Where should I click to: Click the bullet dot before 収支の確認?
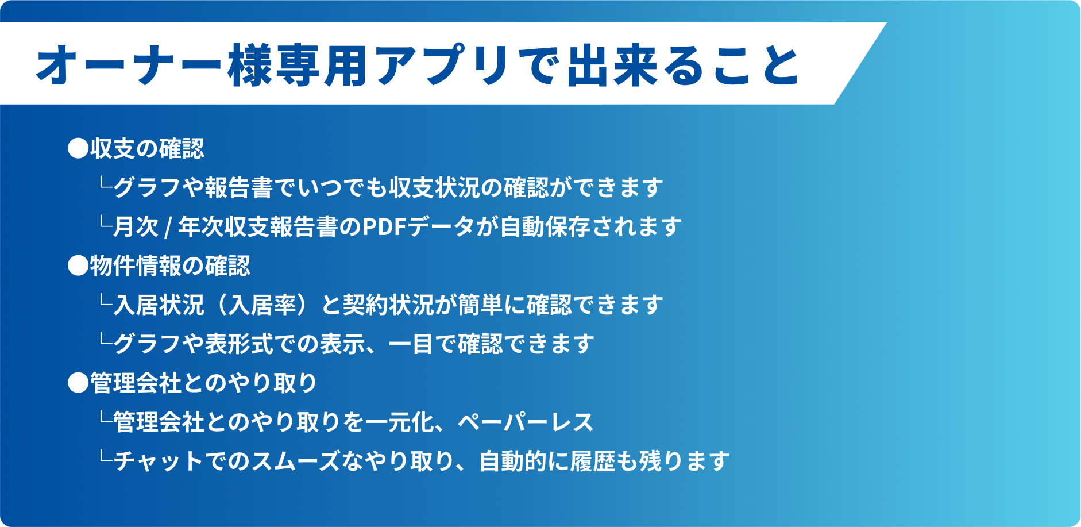pos(78,149)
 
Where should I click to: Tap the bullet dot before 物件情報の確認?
pos(78,266)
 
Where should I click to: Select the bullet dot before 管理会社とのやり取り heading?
pos(78,383)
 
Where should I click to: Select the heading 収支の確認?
pos(147,149)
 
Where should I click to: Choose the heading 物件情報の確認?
pos(170,266)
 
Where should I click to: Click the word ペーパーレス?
pos(526,422)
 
